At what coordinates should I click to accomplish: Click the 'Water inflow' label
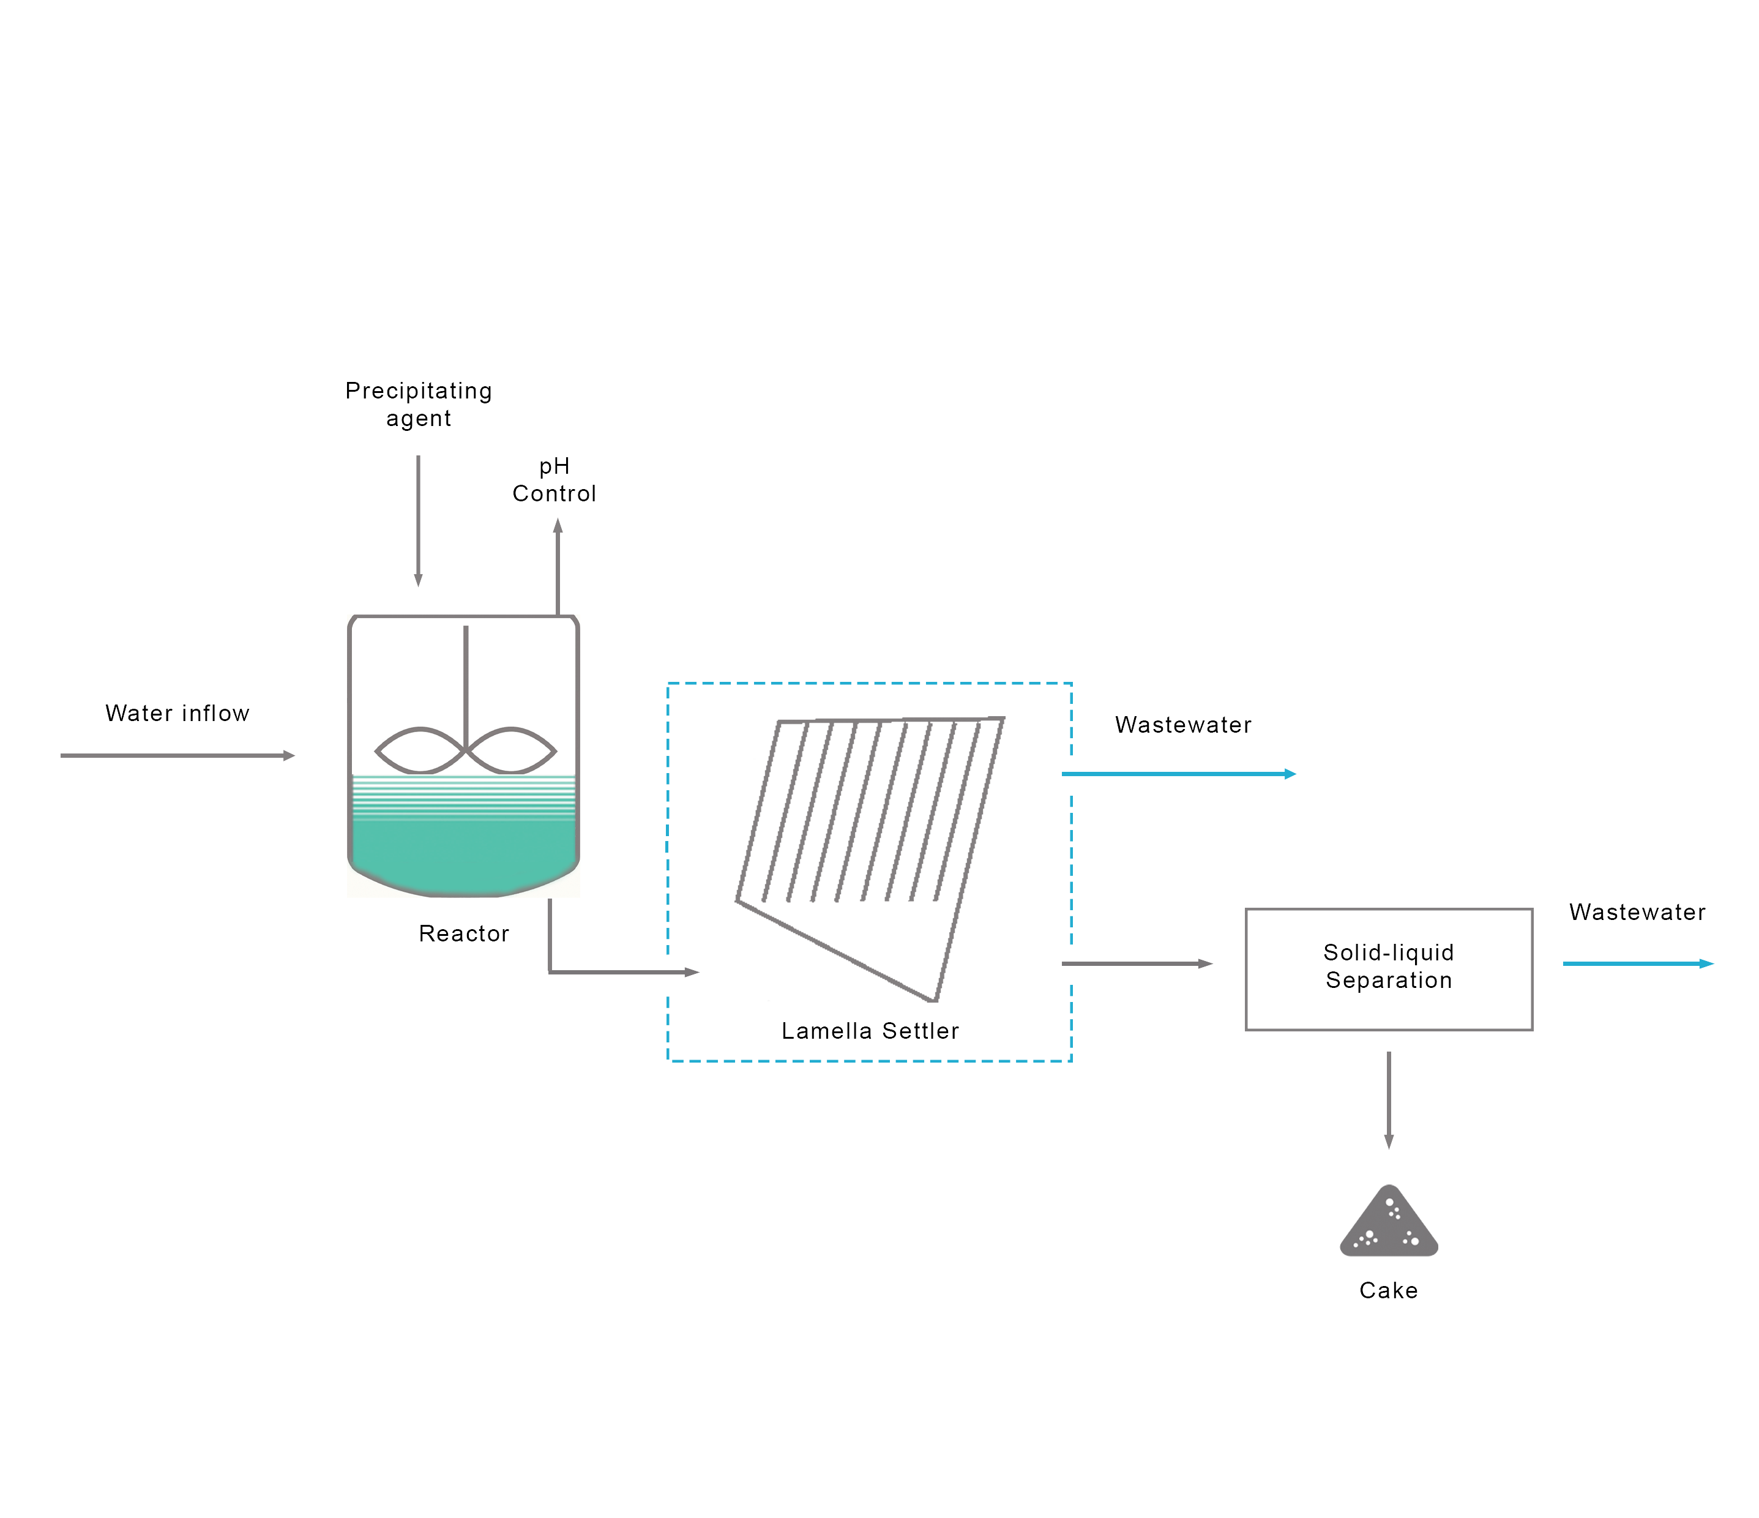coord(177,713)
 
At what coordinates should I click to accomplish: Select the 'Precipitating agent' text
coord(419,404)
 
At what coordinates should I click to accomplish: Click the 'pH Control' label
coord(555,480)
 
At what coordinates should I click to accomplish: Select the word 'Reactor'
coord(463,934)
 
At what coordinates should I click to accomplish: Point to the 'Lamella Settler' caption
coord(870,1031)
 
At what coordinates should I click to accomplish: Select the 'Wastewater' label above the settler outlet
coord(1182,725)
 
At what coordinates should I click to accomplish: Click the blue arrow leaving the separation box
coord(1638,963)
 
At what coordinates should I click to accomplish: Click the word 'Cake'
coord(1388,1290)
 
